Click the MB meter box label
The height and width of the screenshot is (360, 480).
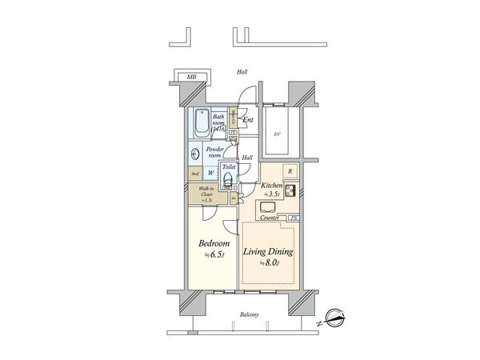click(191, 77)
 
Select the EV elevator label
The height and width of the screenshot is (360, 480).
click(277, 134)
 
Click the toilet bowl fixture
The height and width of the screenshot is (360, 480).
click(227, 178)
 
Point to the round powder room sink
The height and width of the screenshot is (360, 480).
click(197, 154)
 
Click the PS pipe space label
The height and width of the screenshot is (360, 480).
click(294, 218)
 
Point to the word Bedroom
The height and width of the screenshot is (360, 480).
click(214, 243)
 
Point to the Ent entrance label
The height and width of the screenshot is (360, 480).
click(248, 120)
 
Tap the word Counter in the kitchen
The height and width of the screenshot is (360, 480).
click(268, 217)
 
